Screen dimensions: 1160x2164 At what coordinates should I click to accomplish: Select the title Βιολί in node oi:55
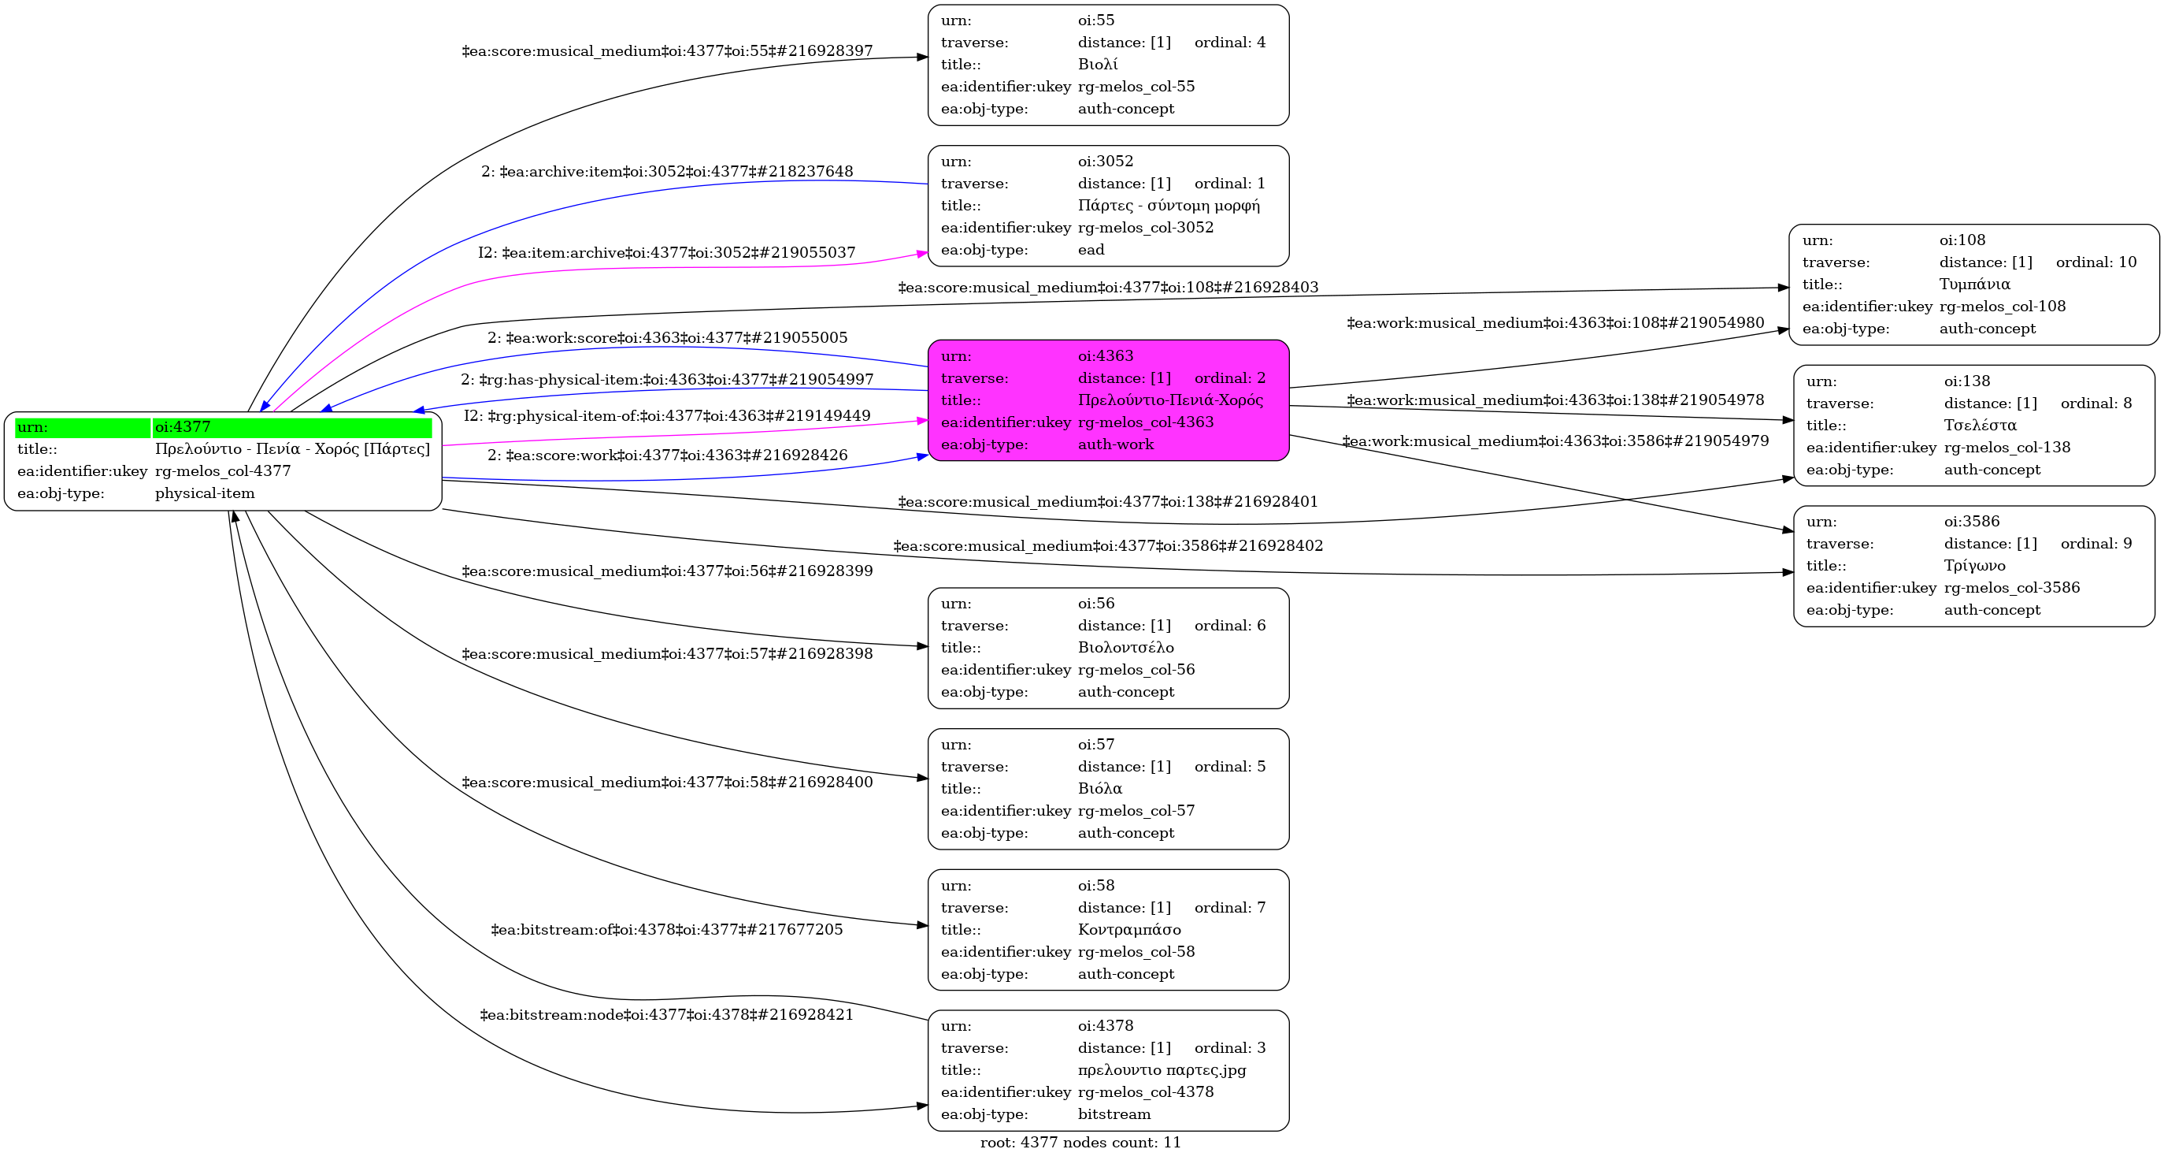[1097, 64]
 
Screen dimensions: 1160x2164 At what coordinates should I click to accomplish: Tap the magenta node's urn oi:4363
[1106, 355]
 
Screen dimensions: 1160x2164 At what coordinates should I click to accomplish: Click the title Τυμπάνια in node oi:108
[1974, 284]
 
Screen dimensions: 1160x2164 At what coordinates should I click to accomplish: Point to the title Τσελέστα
[1980, 426]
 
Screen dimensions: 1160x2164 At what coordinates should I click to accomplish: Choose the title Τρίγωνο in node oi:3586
[1974, 566]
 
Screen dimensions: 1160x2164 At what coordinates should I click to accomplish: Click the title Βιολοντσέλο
[1125, 647]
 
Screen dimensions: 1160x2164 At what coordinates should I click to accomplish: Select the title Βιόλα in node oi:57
[1099, 789]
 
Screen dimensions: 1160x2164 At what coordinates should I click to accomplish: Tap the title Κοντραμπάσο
[1129, 930]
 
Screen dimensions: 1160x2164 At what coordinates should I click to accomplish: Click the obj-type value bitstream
[1114, 1114]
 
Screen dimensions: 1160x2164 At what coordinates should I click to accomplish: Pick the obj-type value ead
[1091, 250]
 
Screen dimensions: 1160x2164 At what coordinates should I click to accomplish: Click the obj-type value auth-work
[1116, 444]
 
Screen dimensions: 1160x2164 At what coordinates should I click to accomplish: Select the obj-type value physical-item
[205, 493]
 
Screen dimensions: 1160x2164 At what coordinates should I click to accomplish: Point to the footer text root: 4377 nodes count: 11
[1080, 1143]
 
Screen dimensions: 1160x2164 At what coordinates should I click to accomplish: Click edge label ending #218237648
[667, 172]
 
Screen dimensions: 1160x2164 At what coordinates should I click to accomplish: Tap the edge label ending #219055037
[667, 252]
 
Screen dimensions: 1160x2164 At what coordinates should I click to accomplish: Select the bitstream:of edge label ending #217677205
[667, 930]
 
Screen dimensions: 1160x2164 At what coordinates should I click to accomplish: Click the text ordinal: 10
[2096, 262]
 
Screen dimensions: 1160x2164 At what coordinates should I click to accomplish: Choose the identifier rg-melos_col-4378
[1146, 1092]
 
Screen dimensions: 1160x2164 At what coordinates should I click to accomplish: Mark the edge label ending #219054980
[1555, 323]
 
